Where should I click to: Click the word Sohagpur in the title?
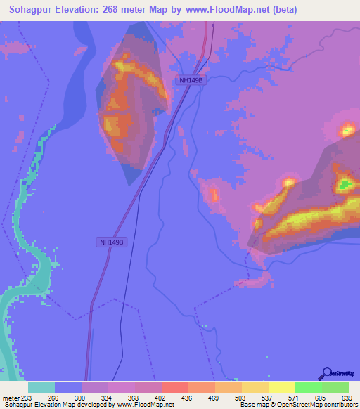click(x=33, y=10)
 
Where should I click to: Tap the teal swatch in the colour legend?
click(x=41, y=387)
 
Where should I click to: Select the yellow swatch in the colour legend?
click(x=282, y=387)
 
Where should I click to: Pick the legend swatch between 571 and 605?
click(x=309, y=387)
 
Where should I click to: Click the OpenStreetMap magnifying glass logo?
click(x=326, y=373)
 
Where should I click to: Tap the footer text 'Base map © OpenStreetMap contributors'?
click(x=296, y=405)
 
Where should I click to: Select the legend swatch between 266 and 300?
click(x=68, y=387)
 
